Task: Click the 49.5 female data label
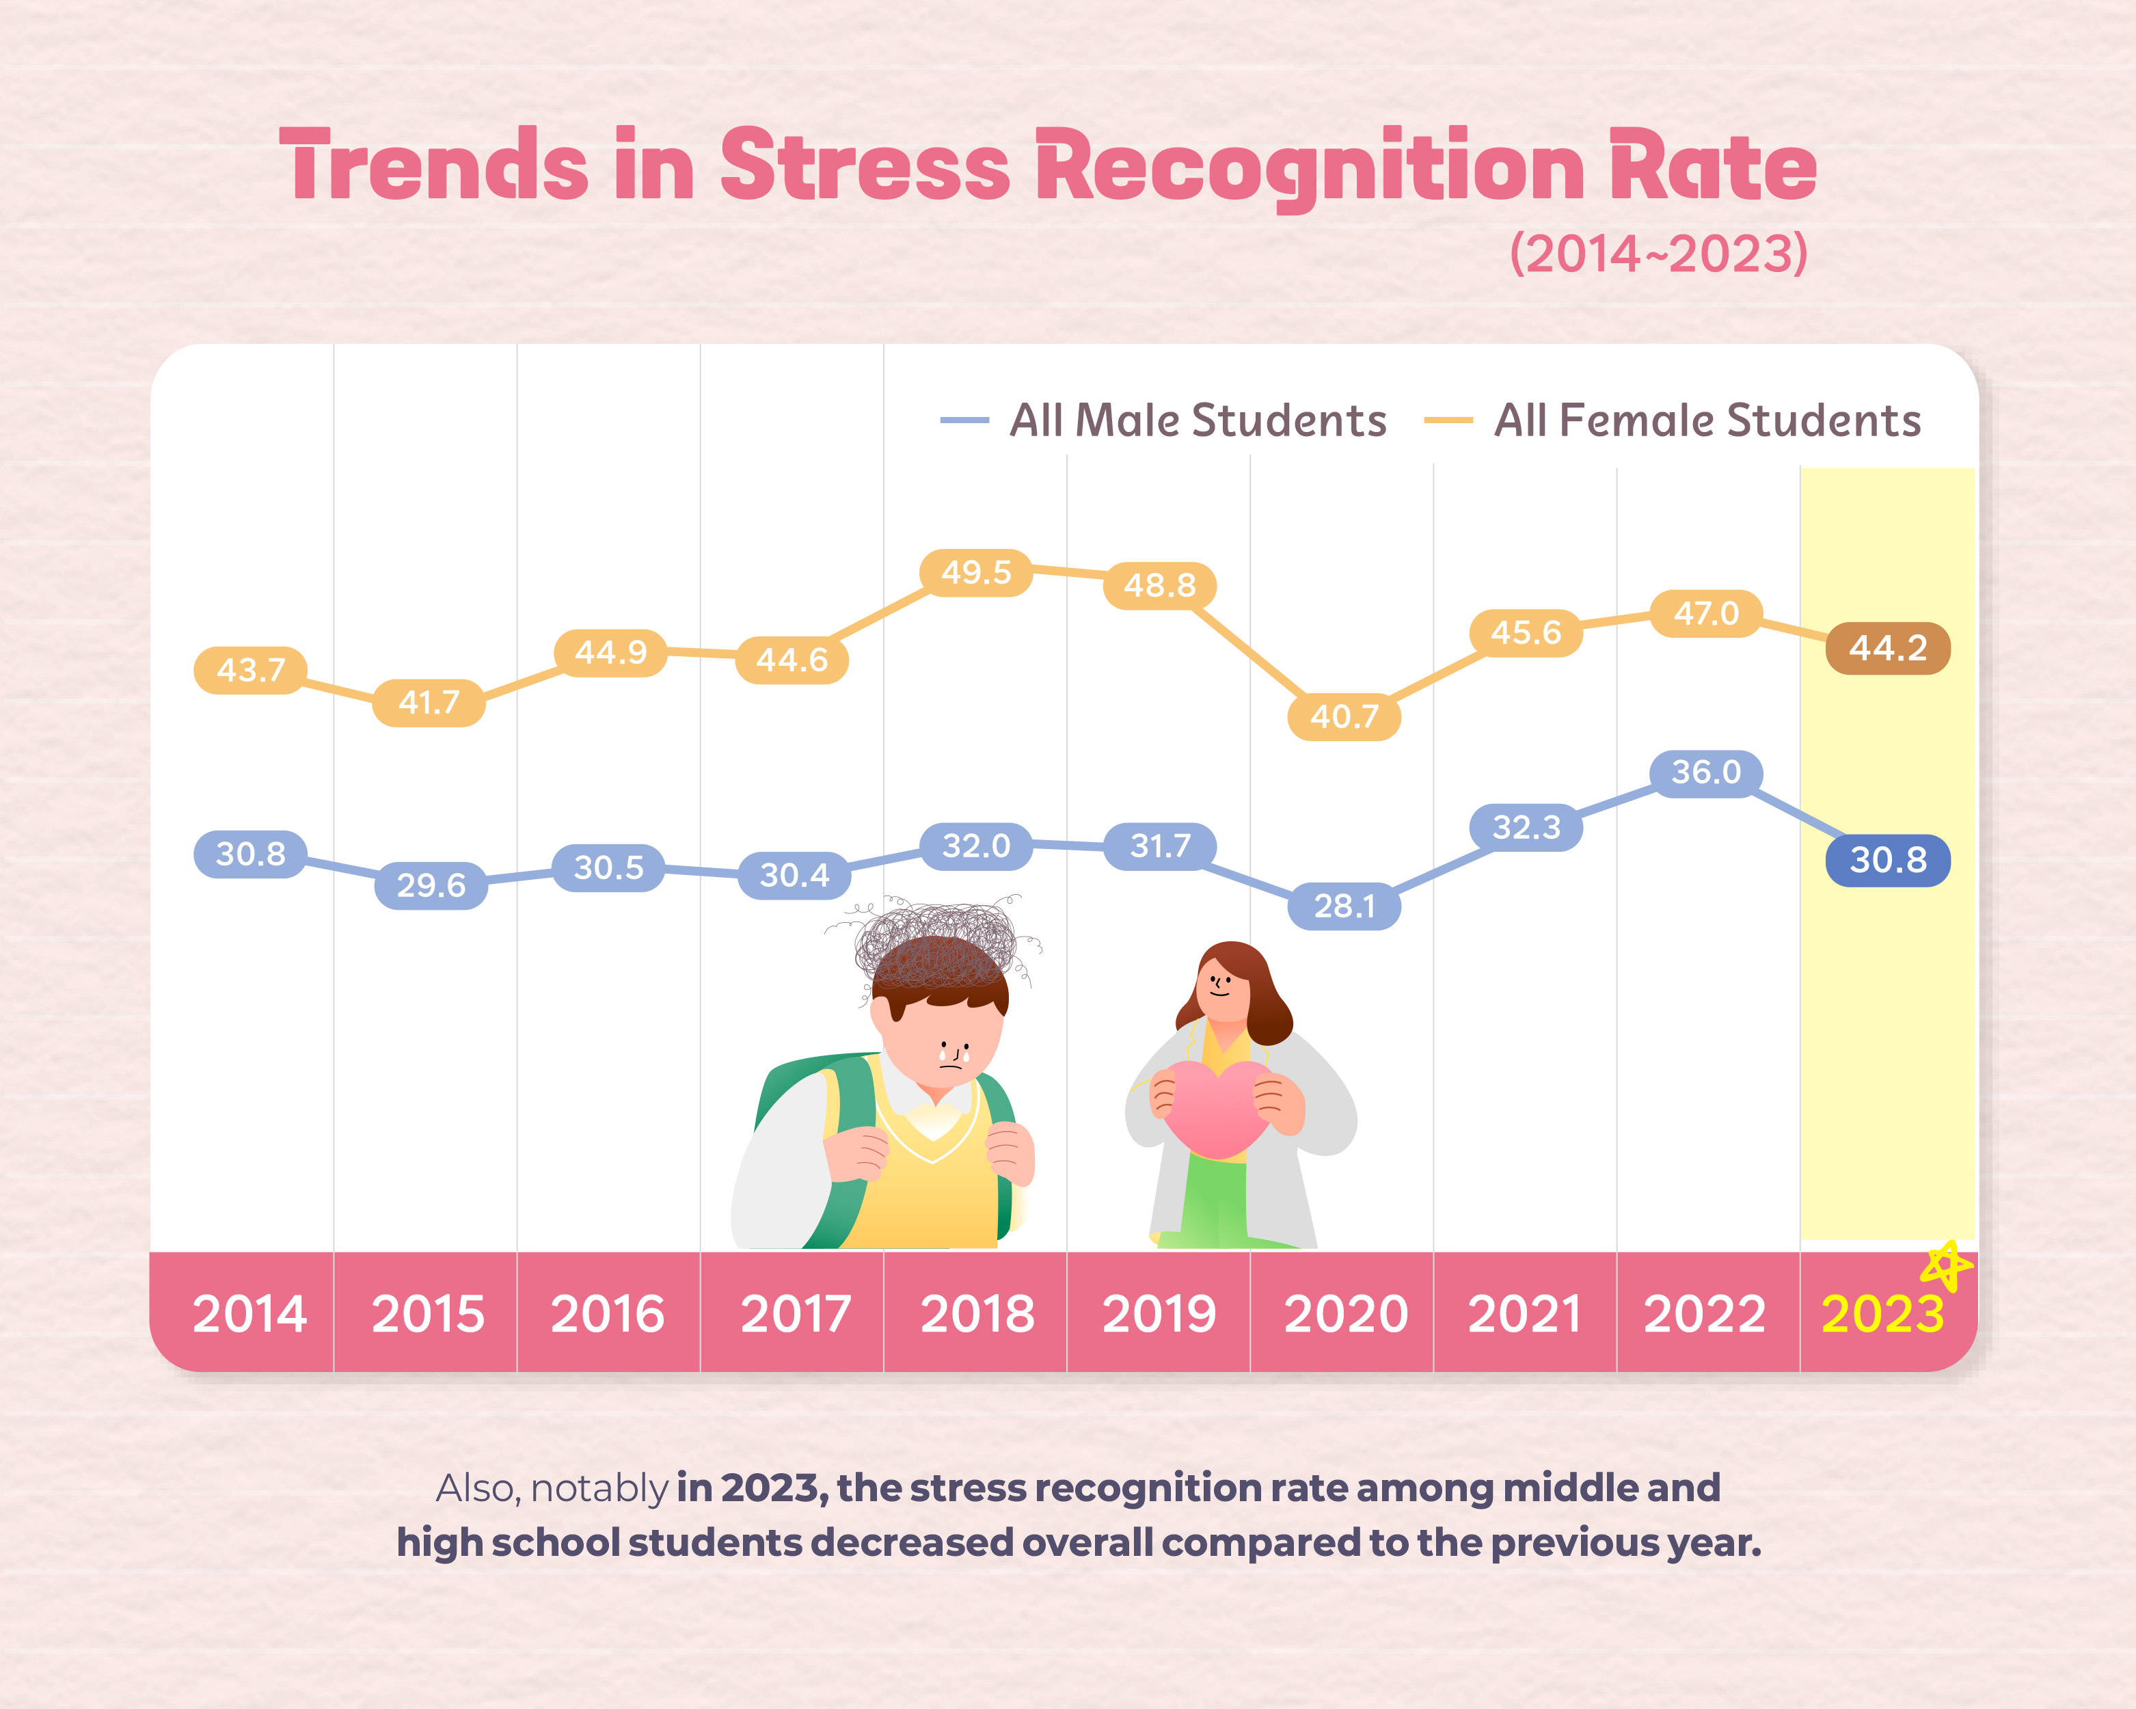coord(976,573)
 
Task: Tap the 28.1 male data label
coord(1344,906)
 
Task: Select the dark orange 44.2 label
coord(1887,648)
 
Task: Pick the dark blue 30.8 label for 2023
coord(1887,860)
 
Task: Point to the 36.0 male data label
coord(1705,772)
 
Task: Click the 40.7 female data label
coord(1344,716)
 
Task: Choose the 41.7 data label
coord(429,703)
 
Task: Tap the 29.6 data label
coord(431,885)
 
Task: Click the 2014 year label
coord(249,1315)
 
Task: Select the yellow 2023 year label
coord(1882,1315)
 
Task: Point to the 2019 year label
coord(1159,1315)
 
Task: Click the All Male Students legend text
coord(1198,420)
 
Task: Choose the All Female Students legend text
coord(1707,420)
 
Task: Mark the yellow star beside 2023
coord(1946,1265)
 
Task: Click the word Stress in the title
coord(865,166)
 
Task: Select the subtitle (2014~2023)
coord(1658,254)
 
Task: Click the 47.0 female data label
coord(1705,613)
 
